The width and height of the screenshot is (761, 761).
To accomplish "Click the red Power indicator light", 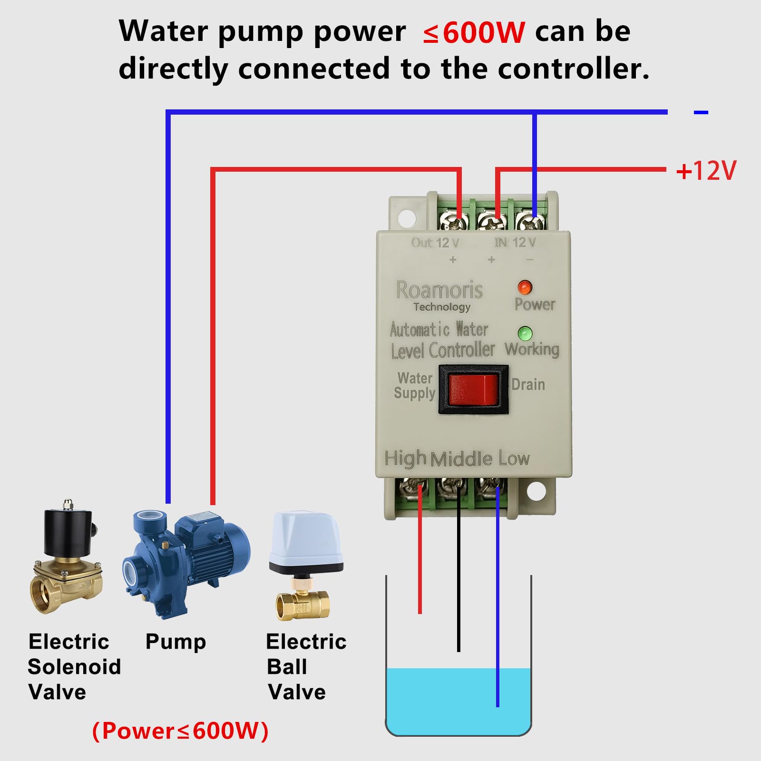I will (524, 287).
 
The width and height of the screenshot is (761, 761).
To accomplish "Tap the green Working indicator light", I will (525, 333).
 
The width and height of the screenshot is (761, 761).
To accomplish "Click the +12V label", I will (706, 171).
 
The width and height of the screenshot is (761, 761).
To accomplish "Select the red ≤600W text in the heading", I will (474, 32).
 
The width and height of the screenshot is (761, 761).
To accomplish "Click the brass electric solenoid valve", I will (67, 559).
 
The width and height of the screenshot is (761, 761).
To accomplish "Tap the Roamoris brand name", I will (439, 290).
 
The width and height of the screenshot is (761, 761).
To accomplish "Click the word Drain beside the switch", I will (528, 384).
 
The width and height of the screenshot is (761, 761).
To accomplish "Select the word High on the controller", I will (405, 459).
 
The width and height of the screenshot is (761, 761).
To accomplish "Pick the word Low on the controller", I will (514, 459).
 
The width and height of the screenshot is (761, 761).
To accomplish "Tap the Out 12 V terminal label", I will (435, 243).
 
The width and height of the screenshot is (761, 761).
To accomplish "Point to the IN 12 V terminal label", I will (515, 243).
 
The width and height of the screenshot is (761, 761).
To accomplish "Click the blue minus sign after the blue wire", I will (701, 113).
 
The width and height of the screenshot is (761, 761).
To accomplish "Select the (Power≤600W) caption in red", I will (180, 731).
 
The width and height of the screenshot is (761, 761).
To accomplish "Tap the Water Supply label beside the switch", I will (415, 386).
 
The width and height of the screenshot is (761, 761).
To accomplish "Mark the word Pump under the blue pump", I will (176, 642).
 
